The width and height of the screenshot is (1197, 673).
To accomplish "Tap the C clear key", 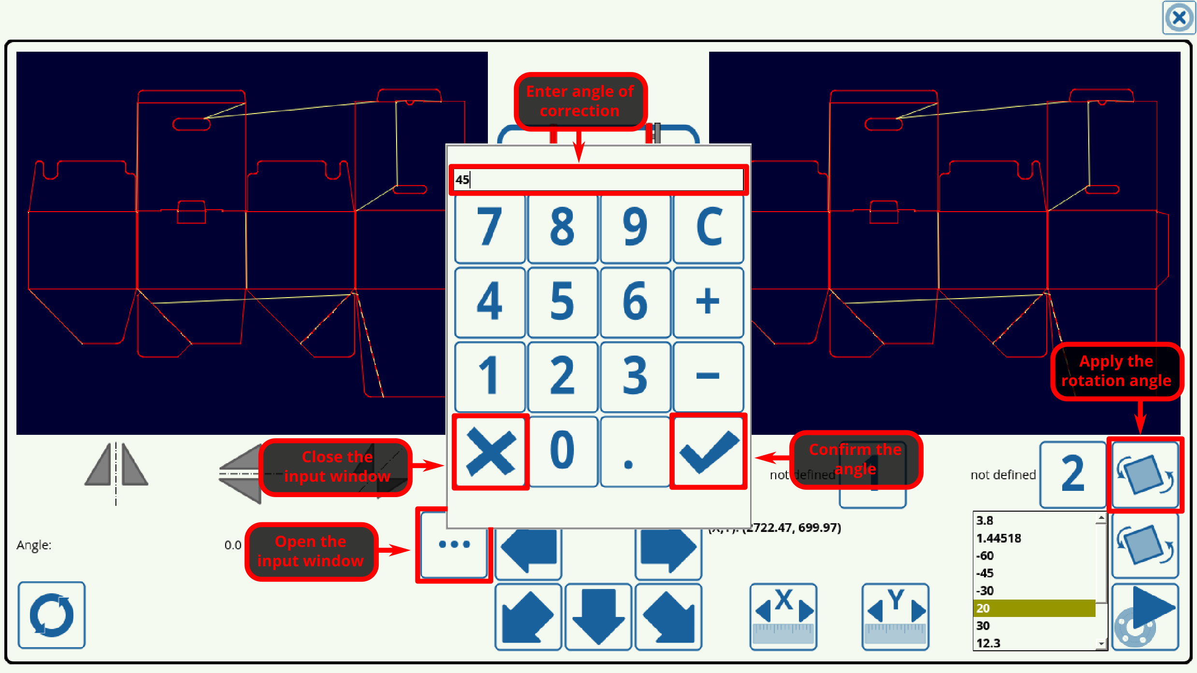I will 708,227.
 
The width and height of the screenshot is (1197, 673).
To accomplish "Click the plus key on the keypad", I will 708,302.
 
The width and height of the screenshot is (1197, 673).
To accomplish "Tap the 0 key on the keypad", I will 563,451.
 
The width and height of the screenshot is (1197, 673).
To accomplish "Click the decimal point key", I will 634,451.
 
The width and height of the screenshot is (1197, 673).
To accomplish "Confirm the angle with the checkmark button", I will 708,451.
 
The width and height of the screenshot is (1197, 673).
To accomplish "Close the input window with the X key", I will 490,451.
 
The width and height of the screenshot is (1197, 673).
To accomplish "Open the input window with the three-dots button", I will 454,544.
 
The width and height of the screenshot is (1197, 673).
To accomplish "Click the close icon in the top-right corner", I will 1179,18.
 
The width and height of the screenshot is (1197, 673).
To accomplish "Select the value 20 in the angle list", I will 1034,608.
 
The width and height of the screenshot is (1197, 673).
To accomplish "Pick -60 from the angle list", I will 1034,556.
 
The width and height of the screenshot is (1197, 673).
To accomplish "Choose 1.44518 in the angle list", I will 1034,538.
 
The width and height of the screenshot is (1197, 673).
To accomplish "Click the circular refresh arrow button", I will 52,615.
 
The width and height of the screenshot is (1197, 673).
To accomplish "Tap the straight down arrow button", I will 598,616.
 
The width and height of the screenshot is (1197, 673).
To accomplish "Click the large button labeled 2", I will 1072,474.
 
